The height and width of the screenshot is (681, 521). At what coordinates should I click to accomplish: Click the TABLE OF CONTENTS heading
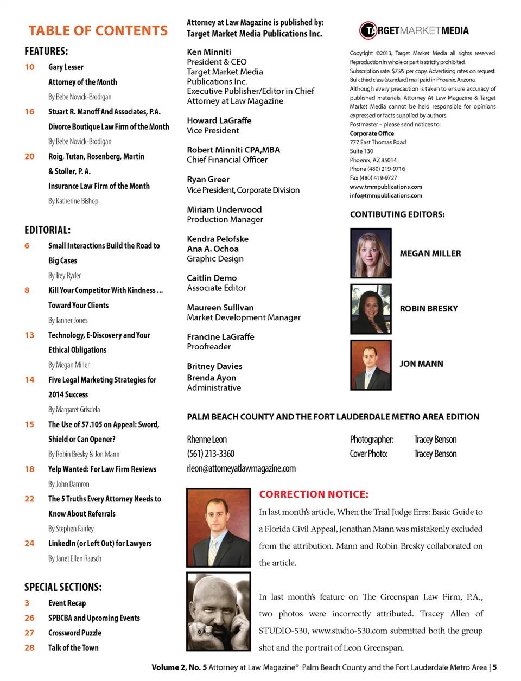[98, 31]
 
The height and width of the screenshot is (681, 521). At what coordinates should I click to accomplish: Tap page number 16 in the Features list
[29, 112]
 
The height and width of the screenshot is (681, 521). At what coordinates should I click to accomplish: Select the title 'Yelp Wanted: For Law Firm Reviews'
[102, 469]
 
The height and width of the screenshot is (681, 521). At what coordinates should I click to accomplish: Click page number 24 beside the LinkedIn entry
[29, 544]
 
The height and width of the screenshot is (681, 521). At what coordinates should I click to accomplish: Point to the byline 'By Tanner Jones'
[68, 321]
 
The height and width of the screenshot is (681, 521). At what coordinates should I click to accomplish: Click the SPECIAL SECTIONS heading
[63, 587]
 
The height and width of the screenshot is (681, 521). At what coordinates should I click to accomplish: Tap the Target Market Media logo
[414, 31]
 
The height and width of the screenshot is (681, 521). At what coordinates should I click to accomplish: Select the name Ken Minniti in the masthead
[209, 52]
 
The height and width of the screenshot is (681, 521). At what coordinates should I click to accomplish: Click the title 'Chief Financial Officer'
[227, 160]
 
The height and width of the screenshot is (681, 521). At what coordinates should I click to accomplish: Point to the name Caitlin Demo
[212, 278]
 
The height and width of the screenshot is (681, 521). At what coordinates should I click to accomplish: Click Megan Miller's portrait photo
[371, 253]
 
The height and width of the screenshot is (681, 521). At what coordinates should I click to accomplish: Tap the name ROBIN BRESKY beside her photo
[429, 309]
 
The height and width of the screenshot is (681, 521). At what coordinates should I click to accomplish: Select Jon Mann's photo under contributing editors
[371, 365]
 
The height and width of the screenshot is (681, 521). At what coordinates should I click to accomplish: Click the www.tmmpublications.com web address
[386, 187]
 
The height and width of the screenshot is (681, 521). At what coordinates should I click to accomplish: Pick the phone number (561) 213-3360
[211, 454]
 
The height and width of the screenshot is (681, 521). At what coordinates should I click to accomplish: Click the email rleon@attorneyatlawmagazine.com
[242, 468]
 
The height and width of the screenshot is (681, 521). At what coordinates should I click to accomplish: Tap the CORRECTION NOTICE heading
[314, 494]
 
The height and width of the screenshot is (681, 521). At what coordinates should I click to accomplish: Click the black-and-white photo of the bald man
[219, 612]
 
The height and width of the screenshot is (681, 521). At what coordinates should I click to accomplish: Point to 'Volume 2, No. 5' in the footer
[179, 667]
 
